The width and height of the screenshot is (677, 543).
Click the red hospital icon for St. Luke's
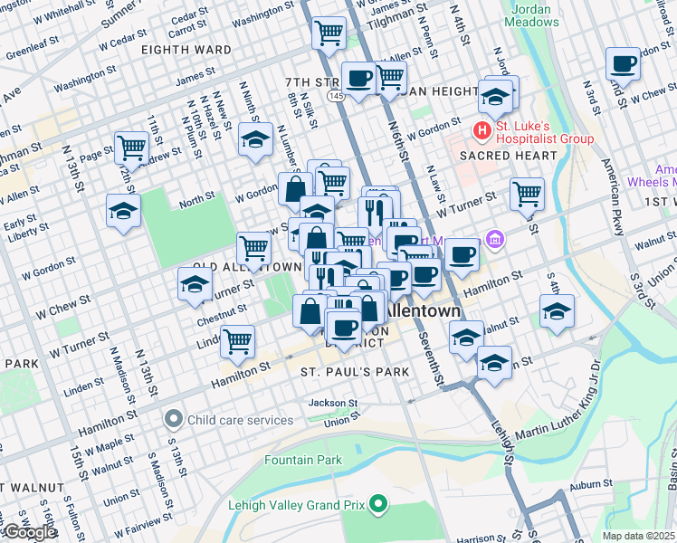482,131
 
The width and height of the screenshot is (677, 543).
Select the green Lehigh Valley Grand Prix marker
378,503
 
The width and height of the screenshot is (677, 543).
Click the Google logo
30,532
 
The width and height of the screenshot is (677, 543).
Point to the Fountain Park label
303,460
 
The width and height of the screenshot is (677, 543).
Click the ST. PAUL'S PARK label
356,372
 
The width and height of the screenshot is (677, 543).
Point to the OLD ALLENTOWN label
246,268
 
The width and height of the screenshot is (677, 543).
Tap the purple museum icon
493,240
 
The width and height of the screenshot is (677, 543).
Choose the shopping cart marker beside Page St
132,147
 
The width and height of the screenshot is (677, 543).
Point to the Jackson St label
331,403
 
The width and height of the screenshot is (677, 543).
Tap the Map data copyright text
639,536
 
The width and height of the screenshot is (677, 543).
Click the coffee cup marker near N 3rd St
623,64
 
